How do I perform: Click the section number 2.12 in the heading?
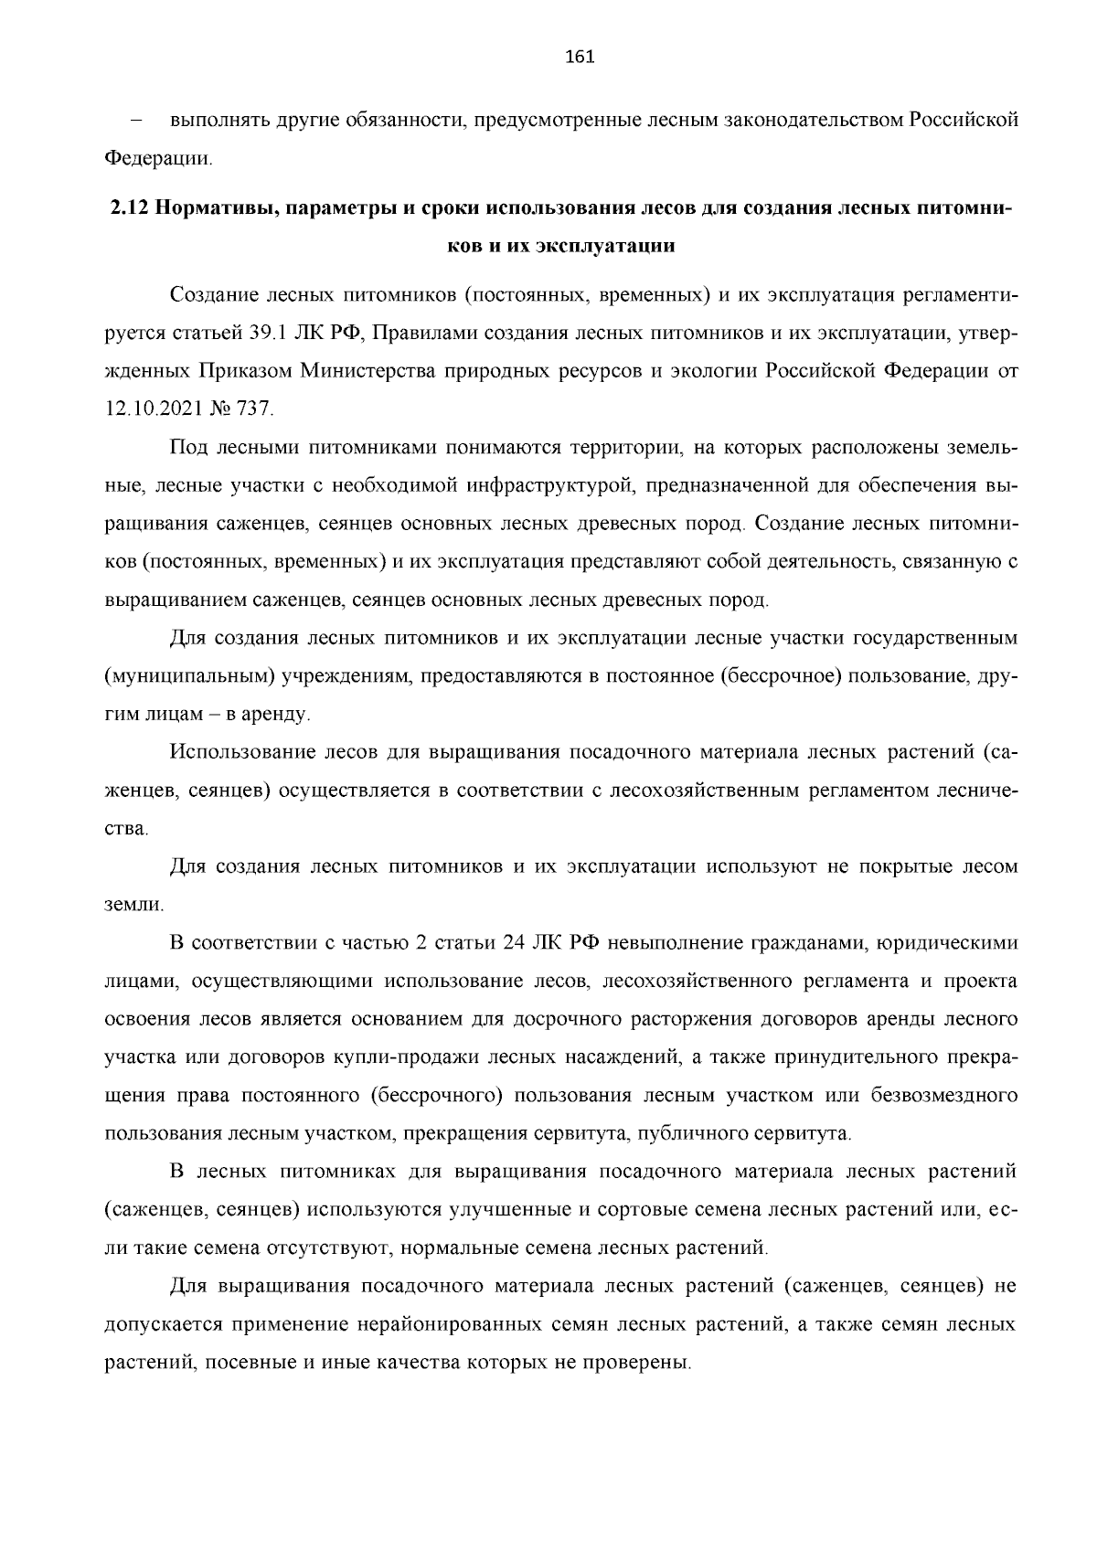[128, 207]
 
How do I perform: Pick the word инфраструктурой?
[539, 484]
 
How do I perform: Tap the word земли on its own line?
[133, 906]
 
